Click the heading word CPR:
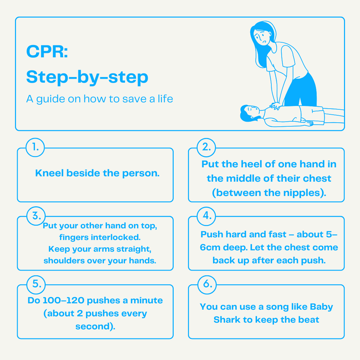pyautogui.click(x=47, y=51)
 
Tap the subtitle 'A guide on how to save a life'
pyautogui.click(x=99, y=99)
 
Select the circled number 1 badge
pyautogui.click(x=35, y=147)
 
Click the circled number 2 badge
pyautogui.click(x=206, y=147)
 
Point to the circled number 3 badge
pyautogui.click(x=36, y=216)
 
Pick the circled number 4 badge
pyautogui.click(x=206, y=216)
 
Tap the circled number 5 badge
pyautogui.click(x=36, y=284)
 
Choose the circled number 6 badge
pyautogui.click(x=207, y=284)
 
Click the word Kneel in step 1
pyautogui.click(x=49, y=173)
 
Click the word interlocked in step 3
pyautogui.click(x=116, y=237)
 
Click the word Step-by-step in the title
pyautogui.click(x=87, y=77)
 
